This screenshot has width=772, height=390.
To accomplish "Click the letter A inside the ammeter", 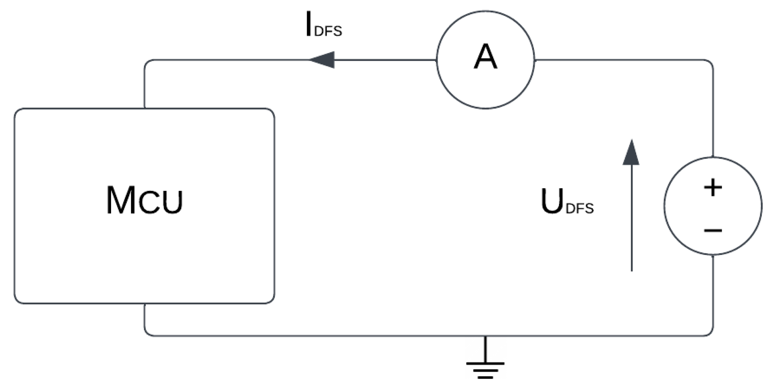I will point(485,57).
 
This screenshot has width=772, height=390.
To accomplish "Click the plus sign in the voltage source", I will point(713,188).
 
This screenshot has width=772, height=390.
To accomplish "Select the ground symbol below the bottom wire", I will point(485,364).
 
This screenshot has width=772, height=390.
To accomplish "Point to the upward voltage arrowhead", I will point(631,153).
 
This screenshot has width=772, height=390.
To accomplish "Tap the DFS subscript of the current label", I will point(328,31).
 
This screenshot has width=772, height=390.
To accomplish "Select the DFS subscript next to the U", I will point(580,209).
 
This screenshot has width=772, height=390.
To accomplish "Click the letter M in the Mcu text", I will point(121,200).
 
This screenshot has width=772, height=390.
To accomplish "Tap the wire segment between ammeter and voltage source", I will point(623,60).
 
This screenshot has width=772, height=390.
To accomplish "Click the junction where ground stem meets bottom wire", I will point(485,336).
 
